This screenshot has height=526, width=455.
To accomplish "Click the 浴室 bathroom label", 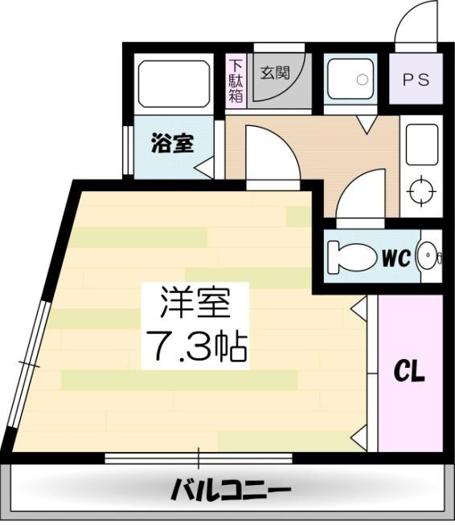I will pos(173,145).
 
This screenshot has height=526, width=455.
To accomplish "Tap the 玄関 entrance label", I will pos(274,71).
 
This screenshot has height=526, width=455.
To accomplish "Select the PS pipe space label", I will pos(416,80).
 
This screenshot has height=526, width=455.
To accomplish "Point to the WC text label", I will pos(396,258).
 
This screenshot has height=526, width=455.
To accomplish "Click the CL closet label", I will pos(409,373).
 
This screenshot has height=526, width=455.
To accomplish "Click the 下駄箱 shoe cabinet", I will pos(236,81).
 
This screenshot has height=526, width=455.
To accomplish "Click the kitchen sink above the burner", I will pos(420,145).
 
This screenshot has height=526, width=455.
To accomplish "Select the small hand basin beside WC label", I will pos(431,256).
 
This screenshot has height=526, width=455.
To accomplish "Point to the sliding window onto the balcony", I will pos(198,459).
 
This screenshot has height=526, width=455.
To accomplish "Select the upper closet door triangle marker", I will pos(361,306).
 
